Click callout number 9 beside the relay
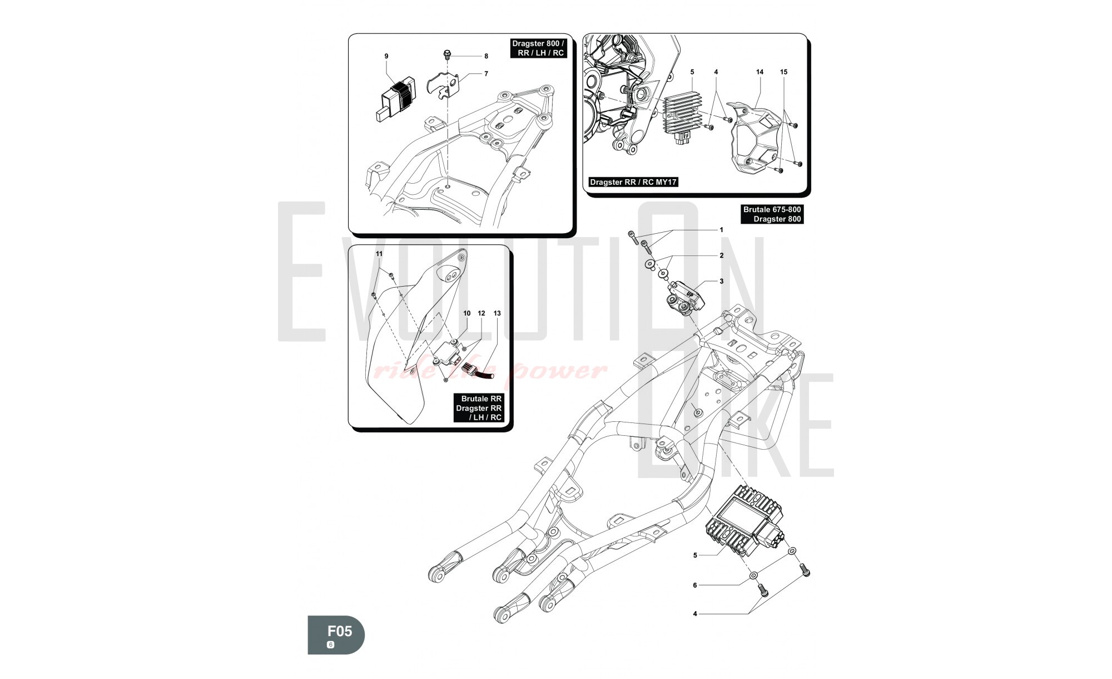[386, 56]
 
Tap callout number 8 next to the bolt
[486, 56]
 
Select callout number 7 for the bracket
[486, 73]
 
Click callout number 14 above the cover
[759, 72]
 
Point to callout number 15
[783, 72]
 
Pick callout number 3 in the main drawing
[722, 281]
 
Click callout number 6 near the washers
[694, 585]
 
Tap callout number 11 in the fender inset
[379, 254]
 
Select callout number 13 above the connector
[497, 313]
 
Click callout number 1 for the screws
[722, 230]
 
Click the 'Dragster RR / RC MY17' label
[633, 182]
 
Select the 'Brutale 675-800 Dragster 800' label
[772, 214]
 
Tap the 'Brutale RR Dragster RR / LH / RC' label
[478, 408]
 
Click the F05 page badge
[336, 634]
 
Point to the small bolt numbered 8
[447, 55]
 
